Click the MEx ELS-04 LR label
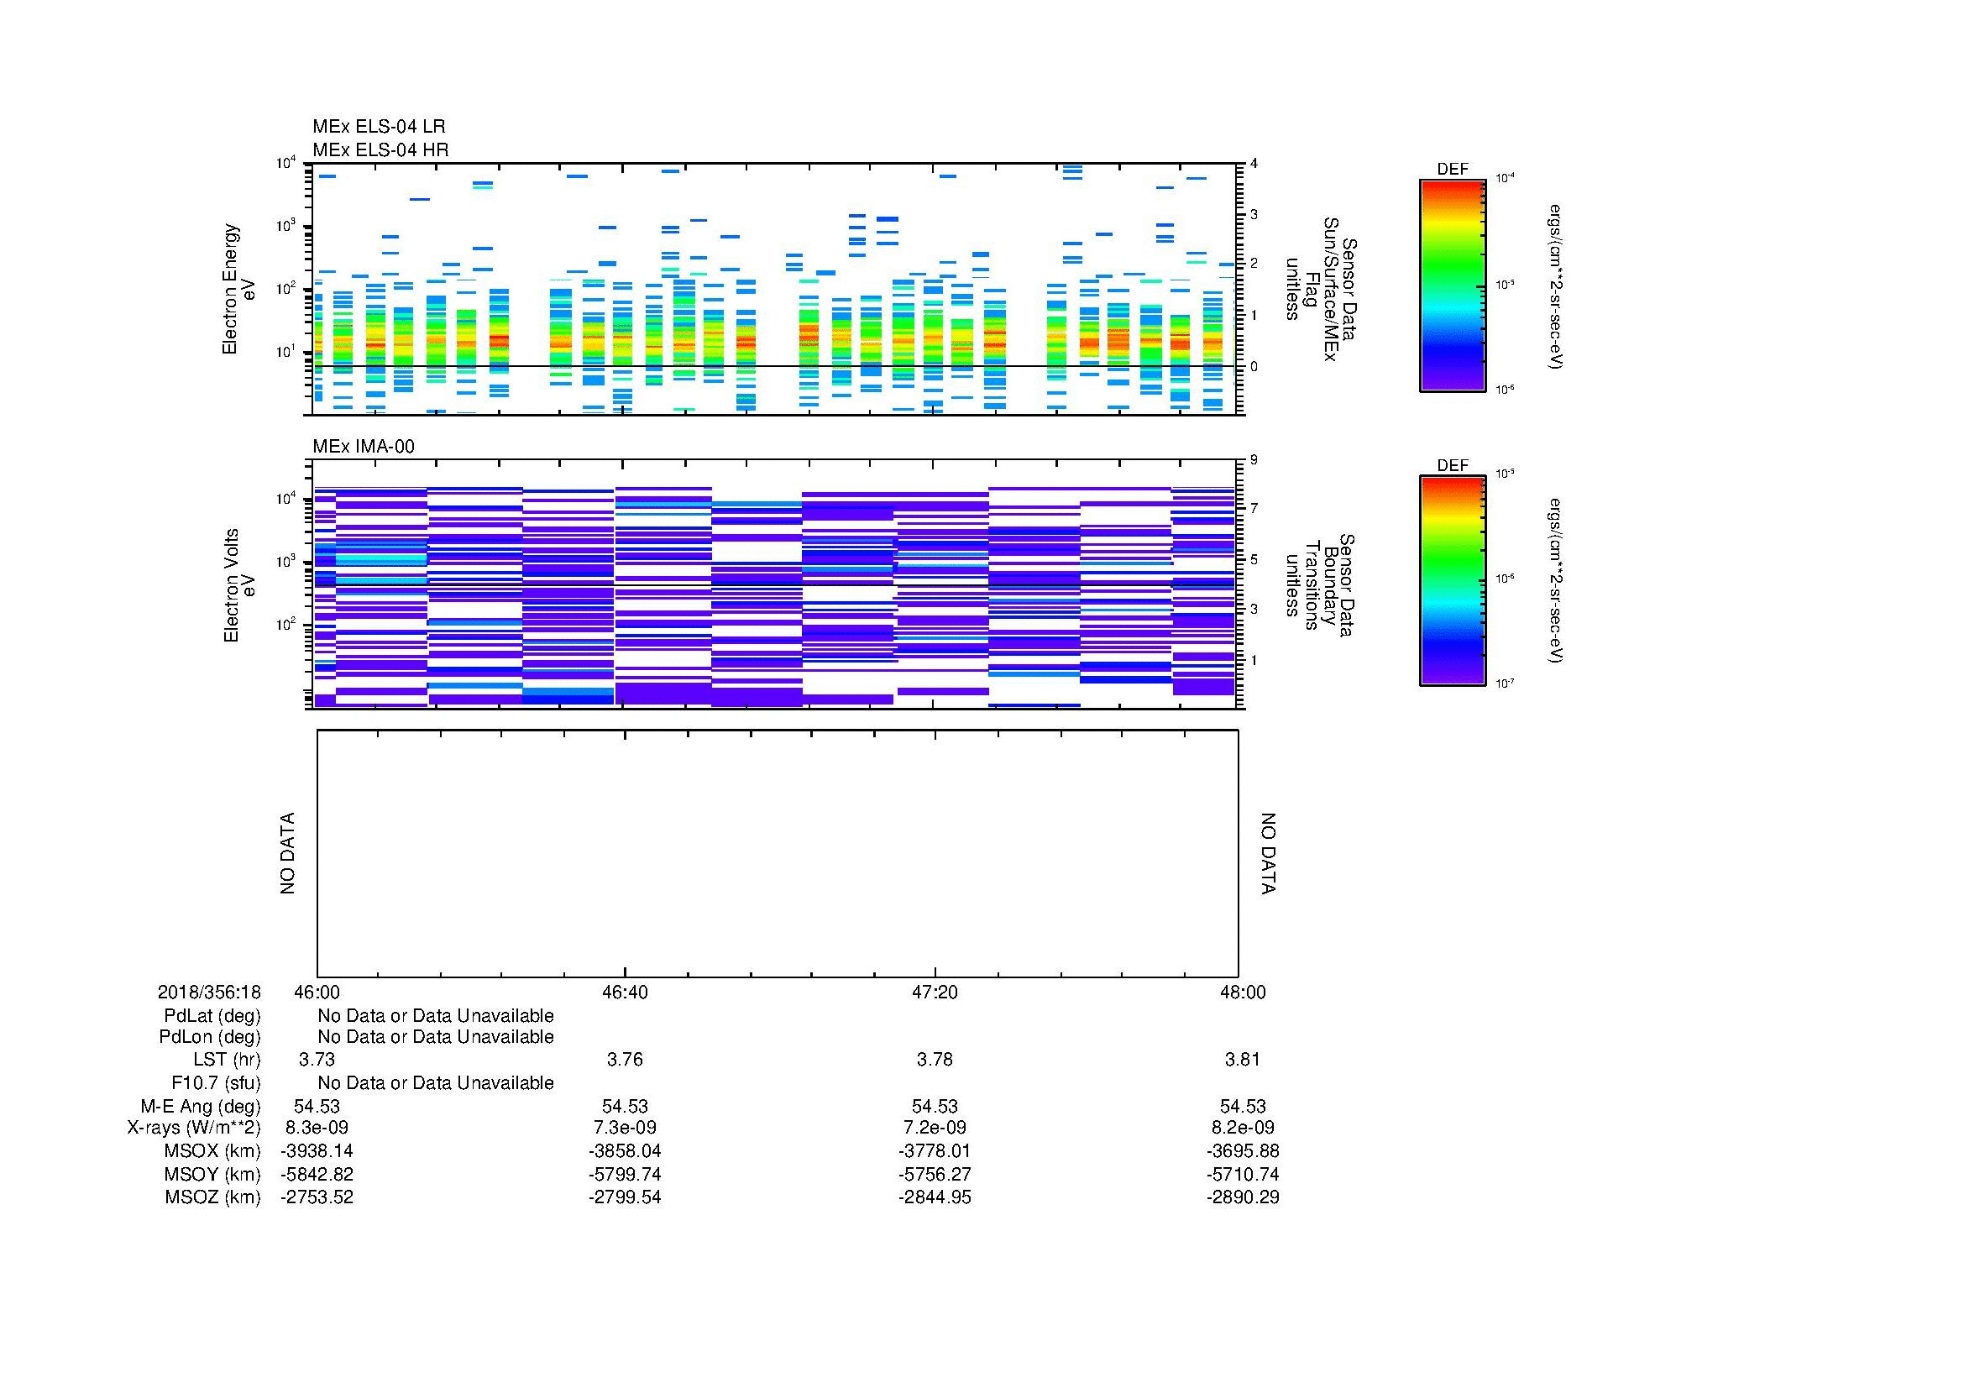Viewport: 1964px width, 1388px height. (x=378, y=127)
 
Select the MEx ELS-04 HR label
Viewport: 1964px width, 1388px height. (x=380, y=149)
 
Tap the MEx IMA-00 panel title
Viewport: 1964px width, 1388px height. (x=363, y=447)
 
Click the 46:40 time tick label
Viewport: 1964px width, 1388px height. (x=626, y=992)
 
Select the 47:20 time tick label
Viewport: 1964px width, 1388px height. (x=935, y=992)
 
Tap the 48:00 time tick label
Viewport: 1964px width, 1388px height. (x=1243, y=992)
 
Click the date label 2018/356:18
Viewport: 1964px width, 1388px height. (x=209, y=992)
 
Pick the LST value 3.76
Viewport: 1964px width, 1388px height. (x=625, y=1060)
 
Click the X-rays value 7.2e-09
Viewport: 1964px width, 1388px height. (x=935, y=1128)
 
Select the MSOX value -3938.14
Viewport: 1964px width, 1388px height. (x=317, y=1151)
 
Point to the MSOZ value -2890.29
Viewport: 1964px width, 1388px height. (x=1243, y=1197)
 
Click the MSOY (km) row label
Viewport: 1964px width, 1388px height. (x=212, y=1174)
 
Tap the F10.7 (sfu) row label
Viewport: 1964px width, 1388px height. (x=216, y=1082)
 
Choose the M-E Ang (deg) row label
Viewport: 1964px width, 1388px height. (x=200, y=1107)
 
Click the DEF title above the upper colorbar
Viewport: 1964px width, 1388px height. (x=1453, y=170)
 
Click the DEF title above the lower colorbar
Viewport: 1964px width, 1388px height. (x=1453, y=465)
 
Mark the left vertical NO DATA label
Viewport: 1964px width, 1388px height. (x=287, y=853)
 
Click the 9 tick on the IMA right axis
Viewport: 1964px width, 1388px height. (x=1253, y=460)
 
